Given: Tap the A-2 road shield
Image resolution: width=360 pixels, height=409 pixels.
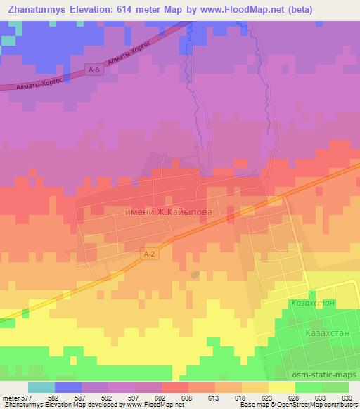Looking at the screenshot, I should (x=147, y=255).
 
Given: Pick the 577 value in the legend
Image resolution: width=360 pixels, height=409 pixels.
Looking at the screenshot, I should (x=27, y=397).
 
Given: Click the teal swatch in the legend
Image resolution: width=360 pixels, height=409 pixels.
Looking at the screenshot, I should (x=41, y=387).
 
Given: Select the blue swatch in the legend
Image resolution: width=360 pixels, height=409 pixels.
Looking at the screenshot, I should (x=68, y=387).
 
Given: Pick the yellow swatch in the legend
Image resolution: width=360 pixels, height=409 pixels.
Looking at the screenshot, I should (x=281, y=387).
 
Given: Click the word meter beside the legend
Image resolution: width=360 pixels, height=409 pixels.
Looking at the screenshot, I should (x=10, y=397).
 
